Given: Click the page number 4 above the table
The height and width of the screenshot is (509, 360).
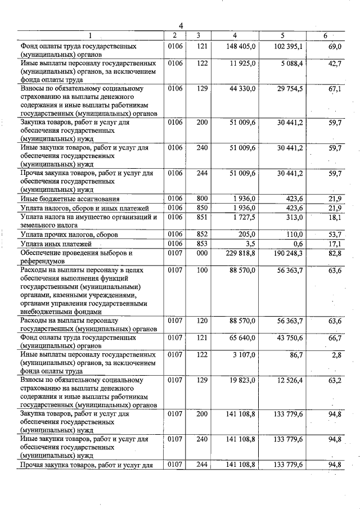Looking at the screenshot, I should [x=181, y=25].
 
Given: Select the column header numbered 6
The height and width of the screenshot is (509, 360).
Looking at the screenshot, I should [x=325, y=36].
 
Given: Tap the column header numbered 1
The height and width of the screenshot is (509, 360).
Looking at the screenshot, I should [x=89, y=36].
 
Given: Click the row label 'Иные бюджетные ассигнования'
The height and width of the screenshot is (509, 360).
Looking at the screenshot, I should [x=69, y=199].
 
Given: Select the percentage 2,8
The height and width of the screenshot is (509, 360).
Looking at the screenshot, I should [x=337, y=355].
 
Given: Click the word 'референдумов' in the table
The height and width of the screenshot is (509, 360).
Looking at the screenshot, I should [x=44, y=262].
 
